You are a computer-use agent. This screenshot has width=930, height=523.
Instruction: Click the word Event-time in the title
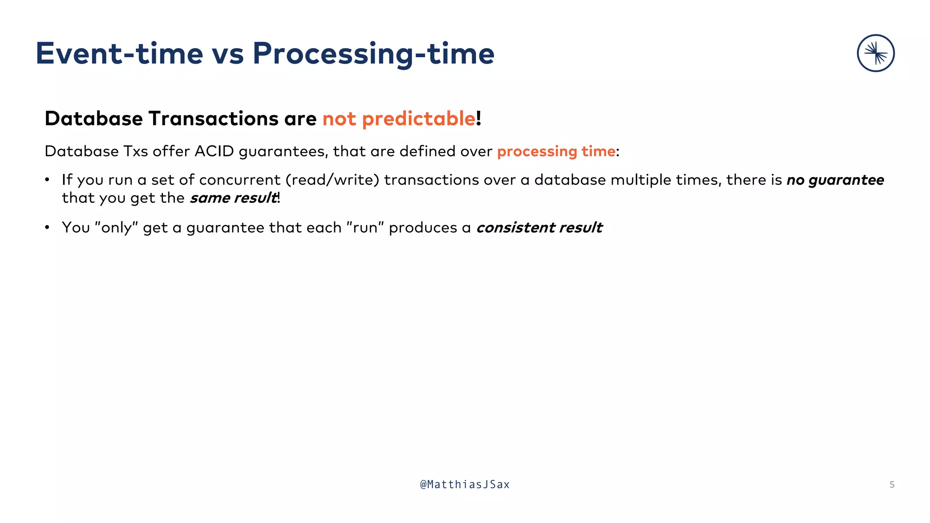click(119, 54)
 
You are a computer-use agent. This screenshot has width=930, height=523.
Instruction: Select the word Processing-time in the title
click(373, 54)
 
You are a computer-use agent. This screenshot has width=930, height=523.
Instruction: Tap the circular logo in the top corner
click(876, 53)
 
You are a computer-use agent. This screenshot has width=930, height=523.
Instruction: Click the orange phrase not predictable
click(399, 119)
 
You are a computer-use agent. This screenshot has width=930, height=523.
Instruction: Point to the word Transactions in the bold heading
click(213, 119)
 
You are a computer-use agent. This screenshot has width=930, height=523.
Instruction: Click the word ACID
click(214, 151)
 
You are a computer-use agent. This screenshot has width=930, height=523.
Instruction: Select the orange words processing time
click(556, 151)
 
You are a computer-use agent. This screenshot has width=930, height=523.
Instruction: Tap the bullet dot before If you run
click(47, 180)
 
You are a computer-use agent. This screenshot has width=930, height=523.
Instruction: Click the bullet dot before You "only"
click(47, 227)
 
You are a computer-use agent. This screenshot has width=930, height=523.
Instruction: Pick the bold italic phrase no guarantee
click(835, 180)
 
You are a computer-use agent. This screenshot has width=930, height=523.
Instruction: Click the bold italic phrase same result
click(233, 198)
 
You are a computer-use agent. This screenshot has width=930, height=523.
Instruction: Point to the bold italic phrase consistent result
click(539, 227)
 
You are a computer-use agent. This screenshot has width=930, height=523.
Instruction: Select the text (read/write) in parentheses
click(332, 180)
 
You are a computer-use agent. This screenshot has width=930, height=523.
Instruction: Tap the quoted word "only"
click(116, 227)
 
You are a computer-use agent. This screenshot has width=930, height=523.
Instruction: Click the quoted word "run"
click(365, 227)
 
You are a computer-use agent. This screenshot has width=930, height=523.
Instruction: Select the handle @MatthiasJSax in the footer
click(465, 485)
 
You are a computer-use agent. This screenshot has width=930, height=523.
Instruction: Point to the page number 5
click(892, 485)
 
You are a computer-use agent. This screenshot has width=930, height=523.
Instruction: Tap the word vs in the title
click(228, 54)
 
